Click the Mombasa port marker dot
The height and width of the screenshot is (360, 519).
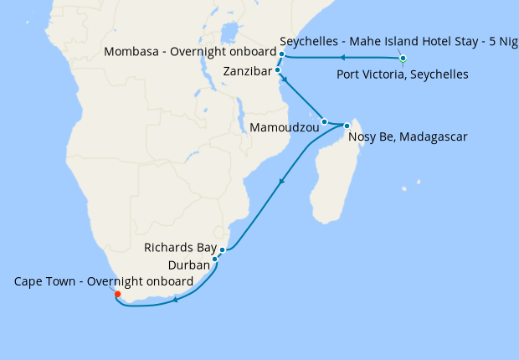point(282,54)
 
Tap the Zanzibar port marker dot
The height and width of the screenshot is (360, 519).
point(278,71)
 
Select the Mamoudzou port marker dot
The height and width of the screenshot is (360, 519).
point(324,122)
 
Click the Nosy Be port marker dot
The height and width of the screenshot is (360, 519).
point(347,126)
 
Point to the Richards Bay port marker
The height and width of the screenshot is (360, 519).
point(222,249)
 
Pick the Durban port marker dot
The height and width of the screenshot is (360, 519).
point(215,260)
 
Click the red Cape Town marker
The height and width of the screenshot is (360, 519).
point(118,295)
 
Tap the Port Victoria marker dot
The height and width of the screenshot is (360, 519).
point(403,59)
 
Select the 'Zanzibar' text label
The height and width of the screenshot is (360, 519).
point(248,72)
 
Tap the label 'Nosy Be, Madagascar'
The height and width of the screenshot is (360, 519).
point(407,136)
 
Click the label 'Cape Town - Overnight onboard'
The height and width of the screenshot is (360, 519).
point(104,281)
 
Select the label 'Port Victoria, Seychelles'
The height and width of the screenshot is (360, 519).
point(402,75)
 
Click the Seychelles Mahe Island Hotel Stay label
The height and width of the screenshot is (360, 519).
point(398,40)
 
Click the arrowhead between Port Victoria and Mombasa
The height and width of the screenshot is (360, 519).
point(342,58)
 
